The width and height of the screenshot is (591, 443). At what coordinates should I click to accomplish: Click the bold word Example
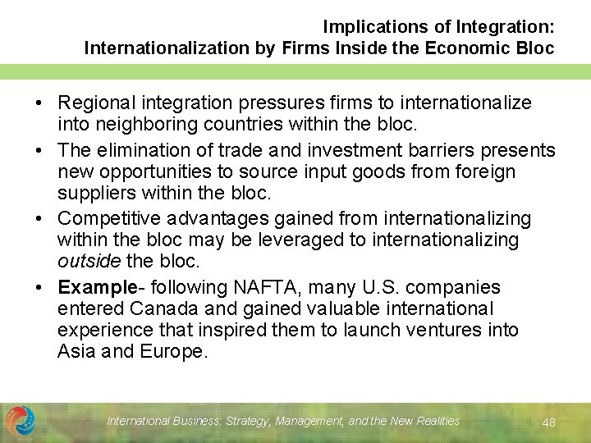96,287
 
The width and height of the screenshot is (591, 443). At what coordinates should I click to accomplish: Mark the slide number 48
549,422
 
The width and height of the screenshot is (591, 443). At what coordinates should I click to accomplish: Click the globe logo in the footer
21,421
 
